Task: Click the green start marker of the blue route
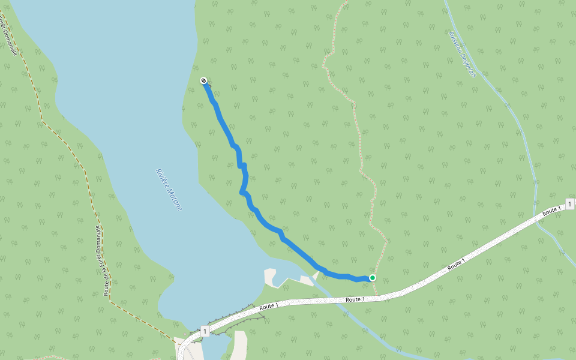point(373,278)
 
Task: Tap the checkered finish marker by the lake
point(203,80)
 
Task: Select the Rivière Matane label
point(169,189)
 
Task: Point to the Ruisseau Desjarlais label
point(462,53)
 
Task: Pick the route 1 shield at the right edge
point(569,204)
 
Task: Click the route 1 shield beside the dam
point(204,331)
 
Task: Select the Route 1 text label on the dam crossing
point(269,306)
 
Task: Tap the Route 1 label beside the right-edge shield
point(551,211)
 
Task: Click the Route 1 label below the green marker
point(355,299)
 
